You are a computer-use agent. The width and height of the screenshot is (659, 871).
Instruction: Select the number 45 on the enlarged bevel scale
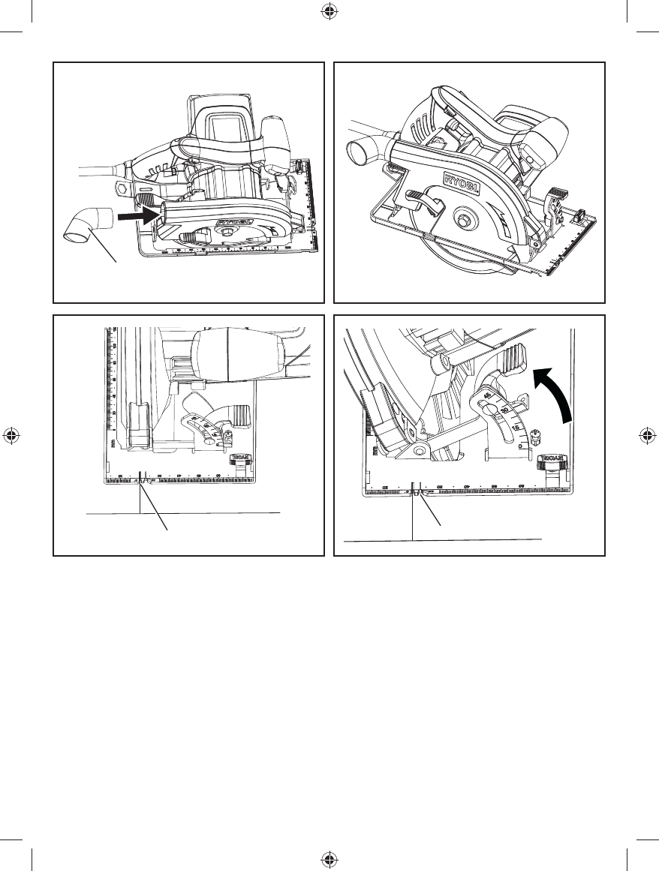pos(488,395)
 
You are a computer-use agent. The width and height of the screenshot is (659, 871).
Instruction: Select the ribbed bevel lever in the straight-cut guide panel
pos(240,414)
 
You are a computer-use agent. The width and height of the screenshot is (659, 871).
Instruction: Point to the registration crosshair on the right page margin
pos(647,436)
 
